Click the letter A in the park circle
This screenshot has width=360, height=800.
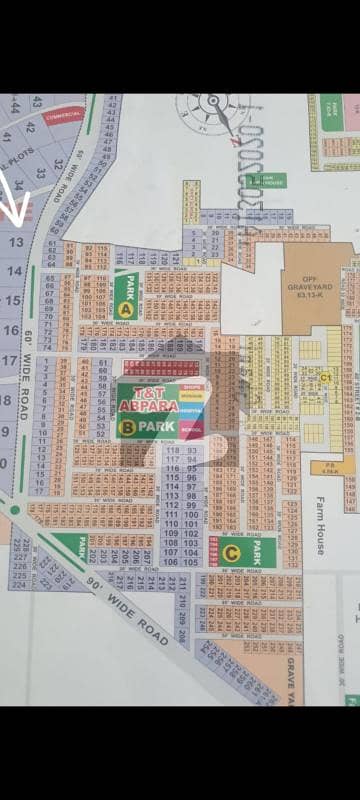click(126, 310)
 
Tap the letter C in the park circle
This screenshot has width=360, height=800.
click(232, 551)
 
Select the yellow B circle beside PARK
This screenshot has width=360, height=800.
click(127, 428)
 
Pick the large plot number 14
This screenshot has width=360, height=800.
click(14, 270)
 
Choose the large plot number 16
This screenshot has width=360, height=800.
click(11, 330)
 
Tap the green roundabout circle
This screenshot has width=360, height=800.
click(14, 510)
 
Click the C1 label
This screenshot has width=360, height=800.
click(325, 377)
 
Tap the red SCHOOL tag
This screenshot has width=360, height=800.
click(193, 430)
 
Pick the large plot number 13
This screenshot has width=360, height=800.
click(16, 242)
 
